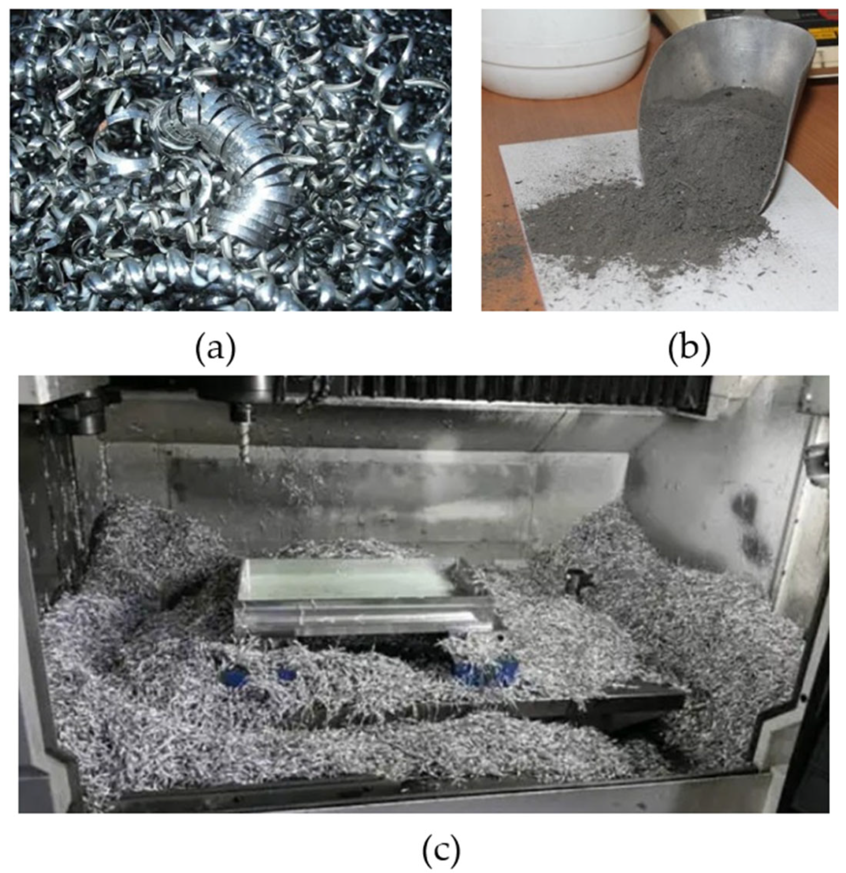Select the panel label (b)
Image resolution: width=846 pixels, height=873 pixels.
[689, 349]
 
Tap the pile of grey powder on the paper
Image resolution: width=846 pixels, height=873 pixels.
[642, 229]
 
